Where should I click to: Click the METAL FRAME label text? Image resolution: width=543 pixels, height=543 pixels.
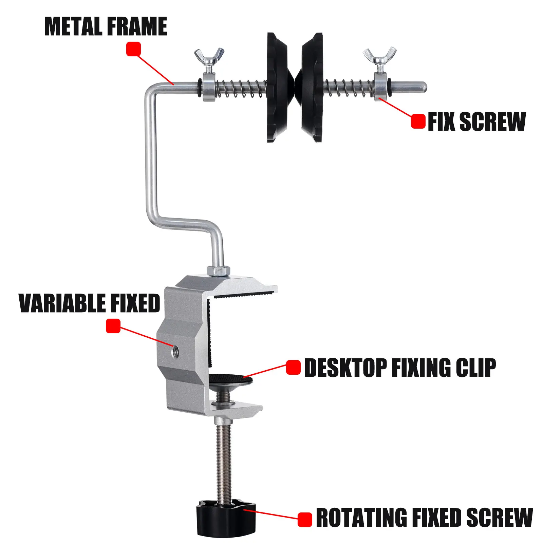point(106,26)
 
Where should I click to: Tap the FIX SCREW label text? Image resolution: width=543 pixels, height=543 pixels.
point(476,121)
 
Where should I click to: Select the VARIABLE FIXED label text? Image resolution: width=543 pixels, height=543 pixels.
point(89,303)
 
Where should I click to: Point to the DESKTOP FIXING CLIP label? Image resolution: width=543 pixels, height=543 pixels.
point(400,368)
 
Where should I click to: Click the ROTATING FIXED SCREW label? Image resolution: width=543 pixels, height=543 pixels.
point(424,518)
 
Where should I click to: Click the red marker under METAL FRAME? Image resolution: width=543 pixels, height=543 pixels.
point(133,49)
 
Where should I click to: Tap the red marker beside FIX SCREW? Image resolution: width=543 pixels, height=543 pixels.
point(418,121)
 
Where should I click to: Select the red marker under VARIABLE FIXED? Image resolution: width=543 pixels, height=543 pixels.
point(113,326)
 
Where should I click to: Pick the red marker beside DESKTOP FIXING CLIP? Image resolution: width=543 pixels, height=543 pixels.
point(293,367)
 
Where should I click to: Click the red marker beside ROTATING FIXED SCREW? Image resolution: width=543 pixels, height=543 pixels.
point(305,520)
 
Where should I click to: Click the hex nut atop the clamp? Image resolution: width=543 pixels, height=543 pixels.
point(219,270)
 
